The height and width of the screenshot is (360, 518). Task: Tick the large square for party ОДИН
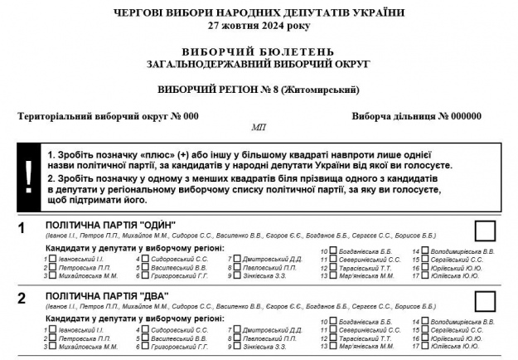[x=485, y=231]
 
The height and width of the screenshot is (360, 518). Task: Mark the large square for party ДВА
[x=485, y=301]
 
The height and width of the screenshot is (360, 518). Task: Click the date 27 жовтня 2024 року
[x=259, y=25]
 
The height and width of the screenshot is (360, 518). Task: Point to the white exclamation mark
[x=29, y=172]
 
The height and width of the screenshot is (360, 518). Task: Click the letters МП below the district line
[x=258, y=129]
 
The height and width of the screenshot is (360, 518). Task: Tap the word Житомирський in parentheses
[x=322, y=89]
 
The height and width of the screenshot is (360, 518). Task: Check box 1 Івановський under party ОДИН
[x=52, y=259]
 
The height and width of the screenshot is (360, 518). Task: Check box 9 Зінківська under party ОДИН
[x=237, y=276]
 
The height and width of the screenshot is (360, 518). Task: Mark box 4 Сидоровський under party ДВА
[x=145, y=330]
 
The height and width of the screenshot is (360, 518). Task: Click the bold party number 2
[x=22, y=297]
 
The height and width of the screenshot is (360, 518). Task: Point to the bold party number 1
[x=22, y=226]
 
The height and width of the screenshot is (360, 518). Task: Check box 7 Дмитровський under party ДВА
[x=237, y=330]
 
